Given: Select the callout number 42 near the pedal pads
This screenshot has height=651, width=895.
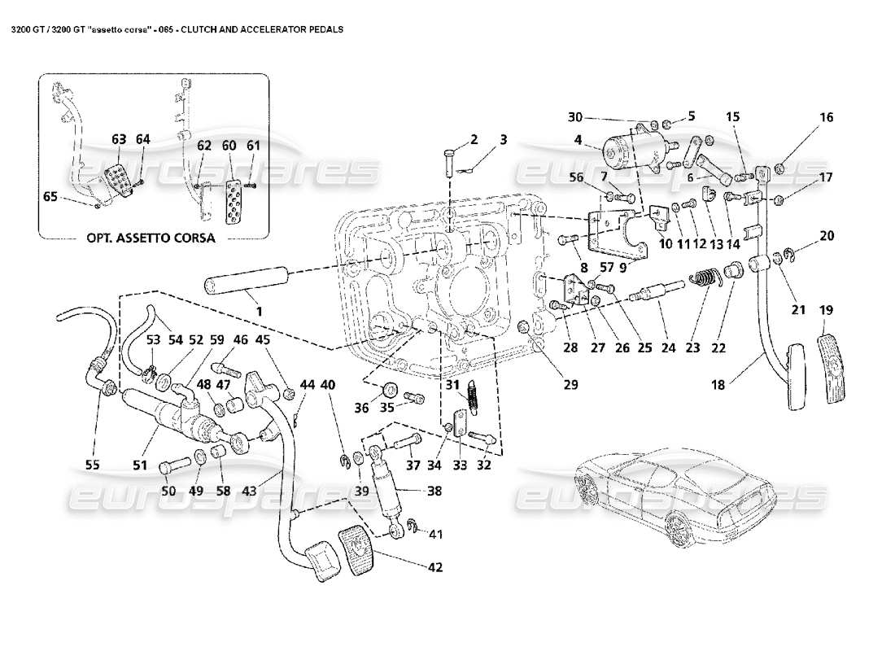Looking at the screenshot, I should coord(435,567).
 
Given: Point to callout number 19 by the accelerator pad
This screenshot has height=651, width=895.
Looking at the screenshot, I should coord(826,309).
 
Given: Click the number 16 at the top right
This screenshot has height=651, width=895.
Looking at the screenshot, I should coord(826,117).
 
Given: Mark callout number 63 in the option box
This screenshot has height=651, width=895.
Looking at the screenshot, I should coord(119,140).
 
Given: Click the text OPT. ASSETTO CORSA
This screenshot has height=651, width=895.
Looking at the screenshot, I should coord(151,238).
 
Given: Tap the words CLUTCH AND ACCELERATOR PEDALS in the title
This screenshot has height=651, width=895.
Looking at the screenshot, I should coord(262,28).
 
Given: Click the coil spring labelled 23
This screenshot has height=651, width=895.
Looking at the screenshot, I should coord(705,278).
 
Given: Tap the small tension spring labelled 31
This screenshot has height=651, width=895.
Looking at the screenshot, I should coord(471,400).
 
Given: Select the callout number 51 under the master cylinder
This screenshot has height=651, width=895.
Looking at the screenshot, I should coord(141,466).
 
